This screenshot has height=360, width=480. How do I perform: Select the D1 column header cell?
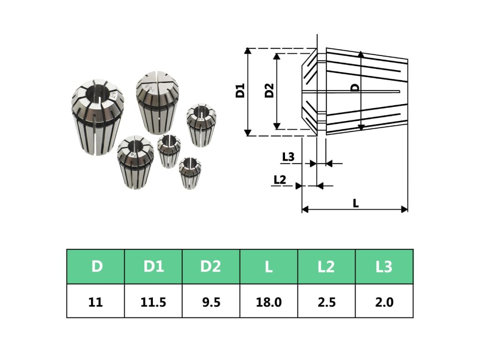pyautogui.click(x=153, y=267)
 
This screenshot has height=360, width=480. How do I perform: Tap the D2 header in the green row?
pyautogui.click(x=211, y=267)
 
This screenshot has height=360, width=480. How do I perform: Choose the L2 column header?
pyautogui.click(x=326, y=267)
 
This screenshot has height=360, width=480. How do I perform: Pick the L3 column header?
pyautogui.click(x=384, y=267)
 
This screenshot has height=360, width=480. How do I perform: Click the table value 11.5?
pyautogui.click(x=153, y=302)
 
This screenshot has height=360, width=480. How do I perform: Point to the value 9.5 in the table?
pyautogui.click(x=211, y=302)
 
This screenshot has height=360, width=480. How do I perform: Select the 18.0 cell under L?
pyautogui.click(x=269, y=302)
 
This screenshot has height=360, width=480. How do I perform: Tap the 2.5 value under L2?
pyautogui.click(x=327, y=302)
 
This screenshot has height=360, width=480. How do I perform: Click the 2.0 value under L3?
pyautogui.click(x=384, y=302)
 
